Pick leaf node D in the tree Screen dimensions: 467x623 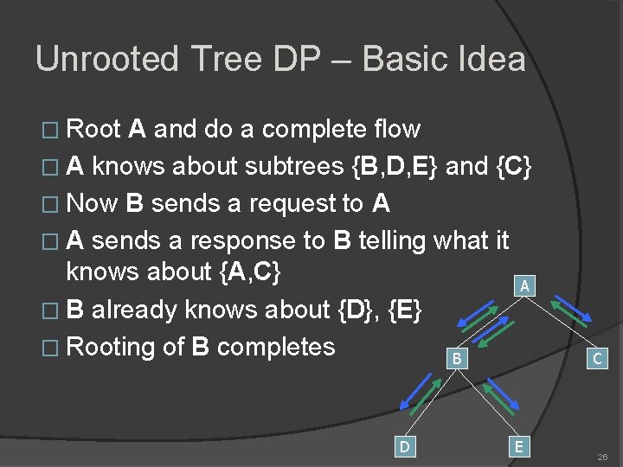tap(403, 445)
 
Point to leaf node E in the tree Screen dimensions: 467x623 tap(518, 445)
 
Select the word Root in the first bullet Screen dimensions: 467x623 tap(93, 130)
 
